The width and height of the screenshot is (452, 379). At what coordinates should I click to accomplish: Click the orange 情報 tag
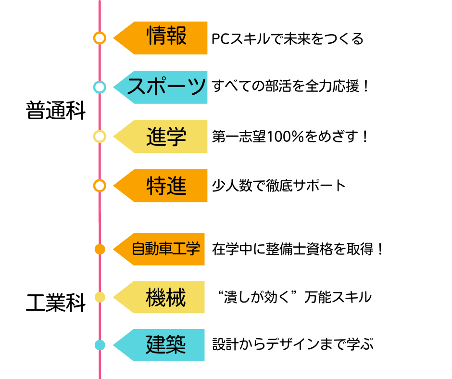[x=166, y=38]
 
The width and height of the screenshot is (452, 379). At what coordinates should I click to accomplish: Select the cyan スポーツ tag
[x=166, y=87]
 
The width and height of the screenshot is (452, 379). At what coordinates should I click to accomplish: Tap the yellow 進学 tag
[x=166, y=137]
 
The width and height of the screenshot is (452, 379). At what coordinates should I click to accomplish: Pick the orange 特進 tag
[x=166, y=186]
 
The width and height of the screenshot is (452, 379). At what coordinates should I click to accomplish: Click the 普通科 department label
[x=56, y=111]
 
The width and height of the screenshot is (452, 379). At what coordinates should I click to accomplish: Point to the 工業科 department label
[x=56, y=303]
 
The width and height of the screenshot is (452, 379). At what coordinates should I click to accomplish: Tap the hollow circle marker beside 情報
[x=100, y=38]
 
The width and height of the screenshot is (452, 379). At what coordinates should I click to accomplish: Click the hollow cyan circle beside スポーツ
[x=100, y=87]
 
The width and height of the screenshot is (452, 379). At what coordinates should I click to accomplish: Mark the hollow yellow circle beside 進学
[x=100, y=137]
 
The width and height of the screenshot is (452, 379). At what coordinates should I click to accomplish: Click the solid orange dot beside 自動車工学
[x=100, y=249]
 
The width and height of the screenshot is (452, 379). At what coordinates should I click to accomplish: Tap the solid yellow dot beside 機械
[x=100, y=298]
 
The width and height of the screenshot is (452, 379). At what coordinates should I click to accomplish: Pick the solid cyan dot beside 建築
[x=100, y=345]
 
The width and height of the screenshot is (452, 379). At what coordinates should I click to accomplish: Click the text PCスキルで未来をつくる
[x=287, y=39]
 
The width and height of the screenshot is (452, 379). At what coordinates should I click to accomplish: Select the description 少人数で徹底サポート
[x=279, y=186]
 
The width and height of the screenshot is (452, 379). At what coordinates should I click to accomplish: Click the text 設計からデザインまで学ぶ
[x=293, y=345]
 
